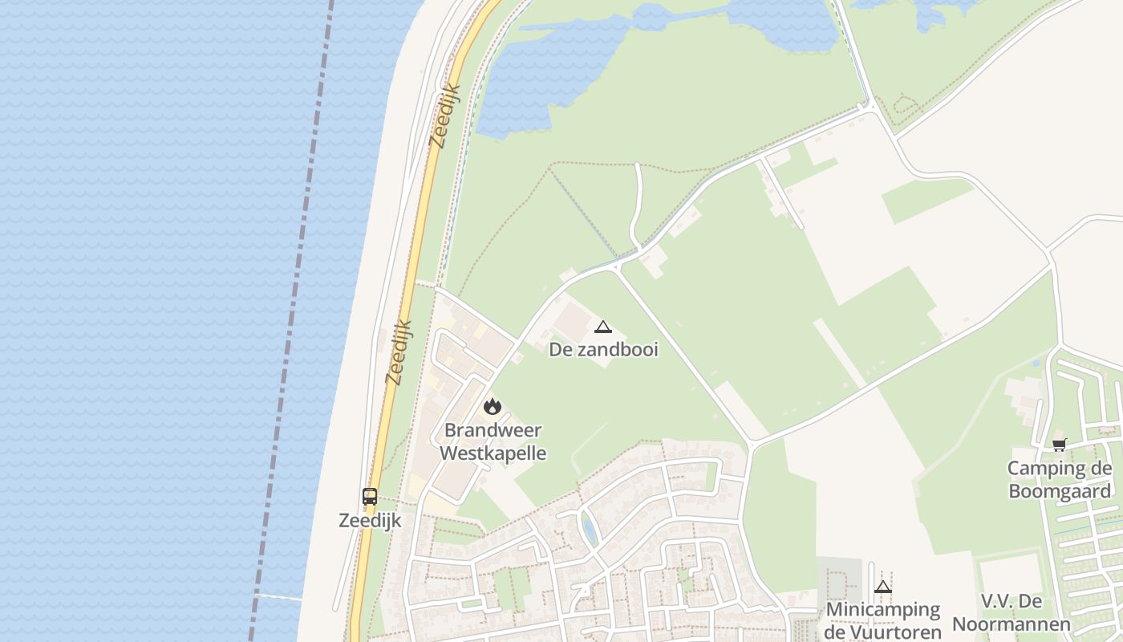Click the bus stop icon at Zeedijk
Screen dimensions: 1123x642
pos(369,497)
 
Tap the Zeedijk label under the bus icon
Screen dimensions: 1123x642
pos(369,520)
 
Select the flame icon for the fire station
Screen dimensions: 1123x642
pos(493,407)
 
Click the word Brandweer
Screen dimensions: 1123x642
pos(493,430)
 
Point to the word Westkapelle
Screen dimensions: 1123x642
pos(493,453)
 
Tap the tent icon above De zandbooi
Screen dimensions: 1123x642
pos(603,327)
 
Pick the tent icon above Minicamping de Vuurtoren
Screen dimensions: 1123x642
pos(883,587)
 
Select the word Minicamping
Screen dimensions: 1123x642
pos(883,609)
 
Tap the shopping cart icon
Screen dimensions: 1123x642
pos(1060,445)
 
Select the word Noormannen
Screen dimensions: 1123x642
pos(1012,624)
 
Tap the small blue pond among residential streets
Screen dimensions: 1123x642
pos(589,530)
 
